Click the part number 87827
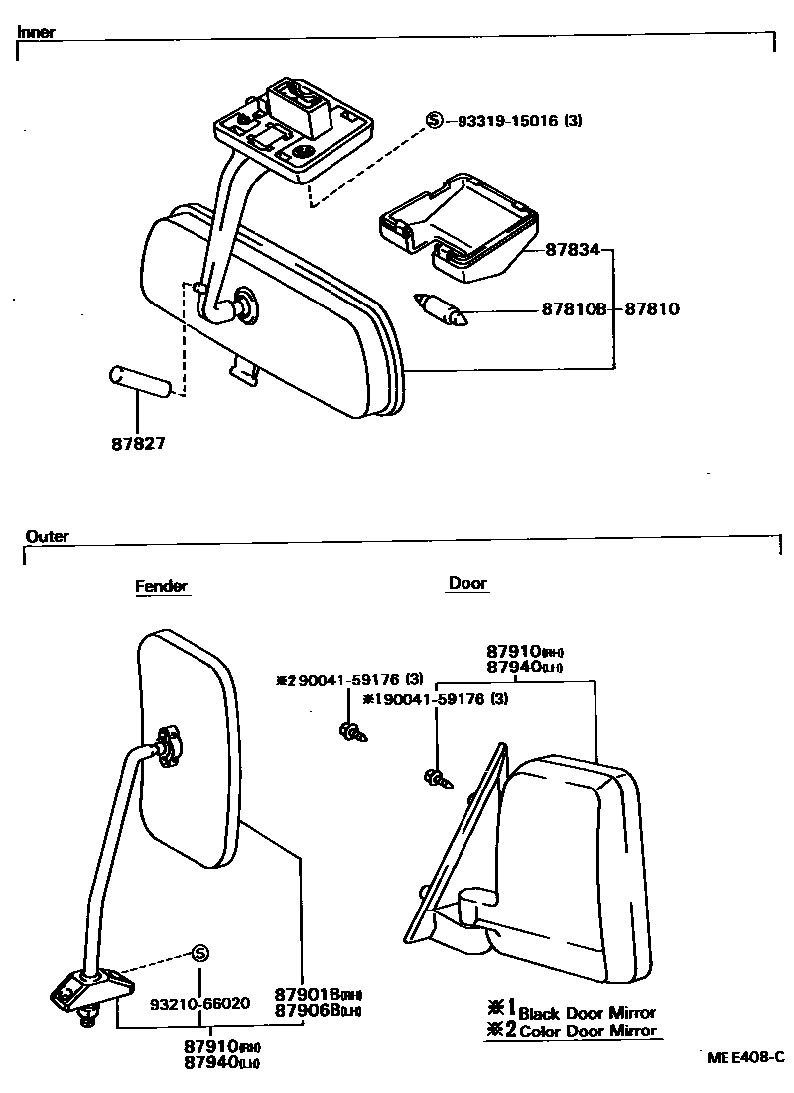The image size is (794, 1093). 138,443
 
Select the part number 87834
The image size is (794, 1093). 573,250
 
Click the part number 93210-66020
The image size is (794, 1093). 199,1003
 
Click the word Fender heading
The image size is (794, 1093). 161,586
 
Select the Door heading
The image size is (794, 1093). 467,583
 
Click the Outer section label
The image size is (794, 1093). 48,536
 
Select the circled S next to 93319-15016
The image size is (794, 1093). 434,120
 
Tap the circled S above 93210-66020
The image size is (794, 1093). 199,953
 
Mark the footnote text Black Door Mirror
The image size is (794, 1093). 587,1013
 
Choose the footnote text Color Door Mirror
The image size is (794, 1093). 587,1031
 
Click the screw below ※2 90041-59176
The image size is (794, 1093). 351,732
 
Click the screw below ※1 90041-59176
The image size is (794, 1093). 437,779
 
